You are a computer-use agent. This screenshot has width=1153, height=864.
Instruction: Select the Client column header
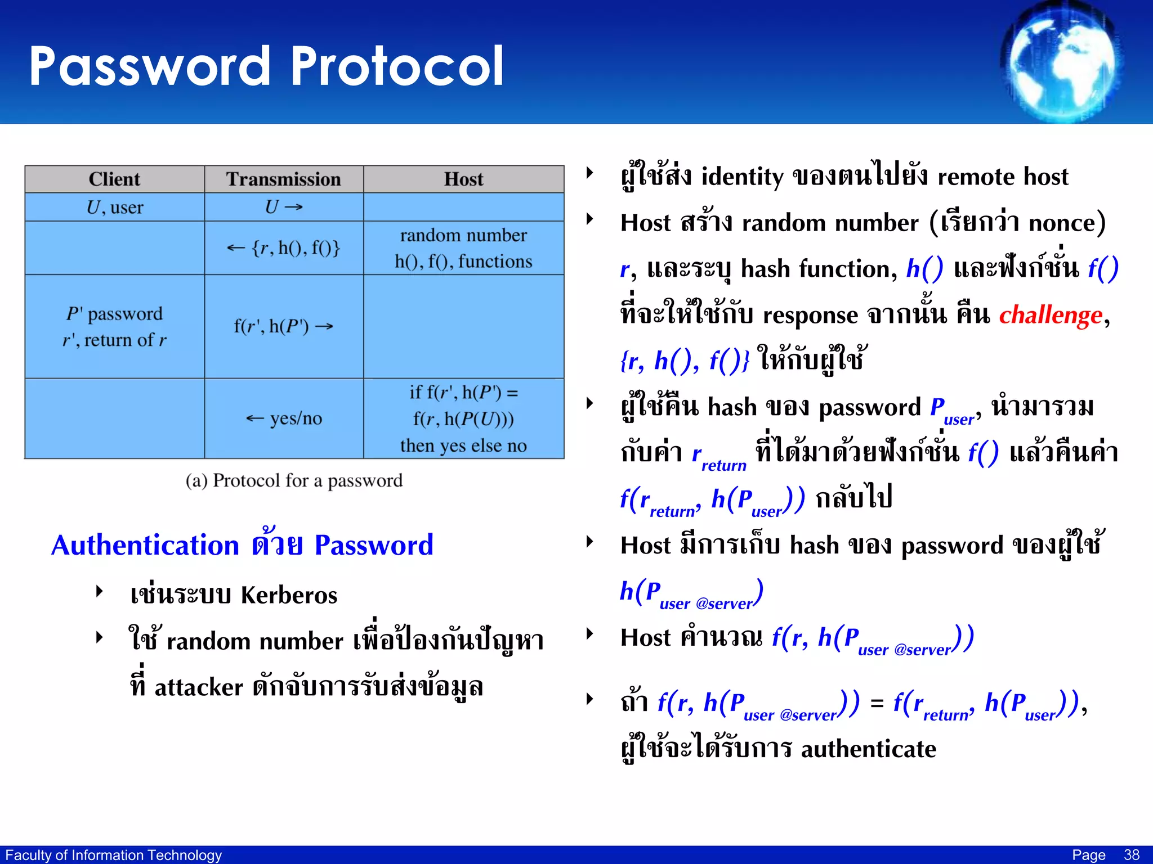(114, 179)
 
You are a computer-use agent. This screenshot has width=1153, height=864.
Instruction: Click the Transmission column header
(284, 179)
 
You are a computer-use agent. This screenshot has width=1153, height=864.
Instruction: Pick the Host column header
(463, 179)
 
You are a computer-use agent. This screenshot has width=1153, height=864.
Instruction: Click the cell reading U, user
(114, 208)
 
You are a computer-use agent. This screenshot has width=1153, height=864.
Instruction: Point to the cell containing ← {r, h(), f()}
(284, 248)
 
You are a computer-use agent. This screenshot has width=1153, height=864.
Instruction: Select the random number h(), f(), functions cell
(463, 248)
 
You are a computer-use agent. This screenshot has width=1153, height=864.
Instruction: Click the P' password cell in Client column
(114, 326)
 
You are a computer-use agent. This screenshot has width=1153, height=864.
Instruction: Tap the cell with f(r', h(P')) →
(284, 326)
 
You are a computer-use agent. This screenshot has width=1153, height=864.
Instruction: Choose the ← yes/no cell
(284, 418)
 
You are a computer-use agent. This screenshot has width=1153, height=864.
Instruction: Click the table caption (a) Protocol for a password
(294, 481)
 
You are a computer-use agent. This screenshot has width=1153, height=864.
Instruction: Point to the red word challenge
(1051, 315)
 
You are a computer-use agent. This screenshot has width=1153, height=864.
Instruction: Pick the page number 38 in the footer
(1132, 855)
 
